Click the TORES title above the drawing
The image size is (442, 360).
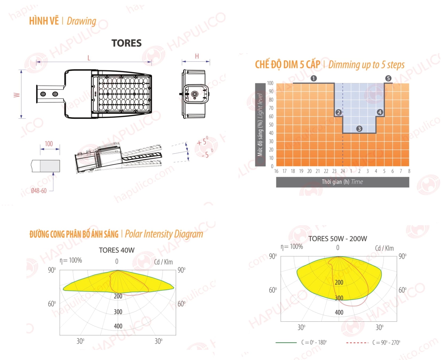point(126,43)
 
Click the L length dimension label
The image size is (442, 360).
point(89,58)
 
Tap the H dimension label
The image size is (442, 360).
point(197,56)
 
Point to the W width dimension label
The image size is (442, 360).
point(17,95)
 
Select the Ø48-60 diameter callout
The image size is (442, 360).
point(39,191)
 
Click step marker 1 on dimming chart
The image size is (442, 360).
point(314,78)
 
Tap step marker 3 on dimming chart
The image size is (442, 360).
point(359,129)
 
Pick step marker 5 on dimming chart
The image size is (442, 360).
point(388,78)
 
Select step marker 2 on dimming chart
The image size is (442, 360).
point(338,112)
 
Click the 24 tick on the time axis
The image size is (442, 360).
point(343,171)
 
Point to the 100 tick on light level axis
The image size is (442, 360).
point(270,83)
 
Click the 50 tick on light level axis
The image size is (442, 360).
point(271,125)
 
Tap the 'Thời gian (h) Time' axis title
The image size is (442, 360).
point(342,182)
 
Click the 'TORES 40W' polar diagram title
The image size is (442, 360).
point(117,250)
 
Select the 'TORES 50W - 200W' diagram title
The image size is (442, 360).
point(338,239)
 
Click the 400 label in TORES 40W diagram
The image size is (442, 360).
point(118,326)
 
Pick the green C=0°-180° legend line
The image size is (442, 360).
point(286,342)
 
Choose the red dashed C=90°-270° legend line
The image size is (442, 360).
point(357,342)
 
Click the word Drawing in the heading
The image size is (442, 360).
point(82,21)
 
